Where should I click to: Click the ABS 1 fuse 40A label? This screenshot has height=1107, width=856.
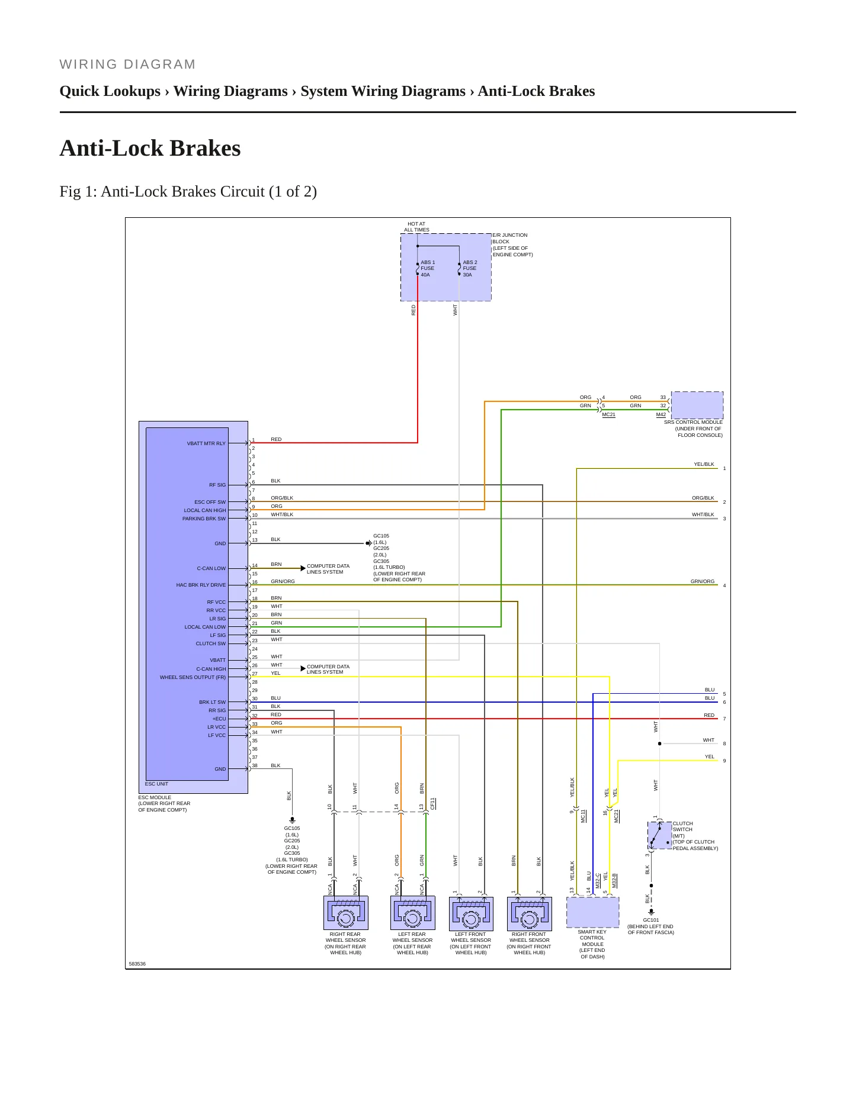click(428, 269)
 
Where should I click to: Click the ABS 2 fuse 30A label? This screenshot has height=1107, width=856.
click(470, 269)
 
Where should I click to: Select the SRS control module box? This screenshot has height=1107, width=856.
click(697, 406)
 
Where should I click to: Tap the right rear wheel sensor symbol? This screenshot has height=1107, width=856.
click(346, 913)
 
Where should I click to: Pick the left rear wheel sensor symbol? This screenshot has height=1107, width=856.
click(413, 913)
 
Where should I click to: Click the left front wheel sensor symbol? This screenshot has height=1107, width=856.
click(471, 913)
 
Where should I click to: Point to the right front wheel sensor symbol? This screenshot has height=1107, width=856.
click(530, 913)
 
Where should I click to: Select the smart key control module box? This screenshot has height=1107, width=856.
click(593, 912)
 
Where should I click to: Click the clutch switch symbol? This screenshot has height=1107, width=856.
click(660, 835)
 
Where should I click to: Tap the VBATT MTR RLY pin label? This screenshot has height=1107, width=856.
click(206, 443)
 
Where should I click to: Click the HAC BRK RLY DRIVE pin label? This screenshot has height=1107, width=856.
click(201, 585)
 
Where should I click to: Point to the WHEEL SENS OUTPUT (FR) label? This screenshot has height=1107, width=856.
click(193, 677)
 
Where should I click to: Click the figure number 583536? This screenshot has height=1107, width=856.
click(137, 964)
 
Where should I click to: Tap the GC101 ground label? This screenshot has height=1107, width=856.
click(651, 920)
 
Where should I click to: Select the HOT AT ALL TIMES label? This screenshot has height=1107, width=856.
click(417, 227)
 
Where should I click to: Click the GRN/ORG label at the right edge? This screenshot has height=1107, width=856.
click(703, 581)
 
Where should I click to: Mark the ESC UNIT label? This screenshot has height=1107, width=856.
click(156, 784)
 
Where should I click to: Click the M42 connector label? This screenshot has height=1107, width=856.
click(661, 414)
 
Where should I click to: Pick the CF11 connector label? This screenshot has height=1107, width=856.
click(433, 803)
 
